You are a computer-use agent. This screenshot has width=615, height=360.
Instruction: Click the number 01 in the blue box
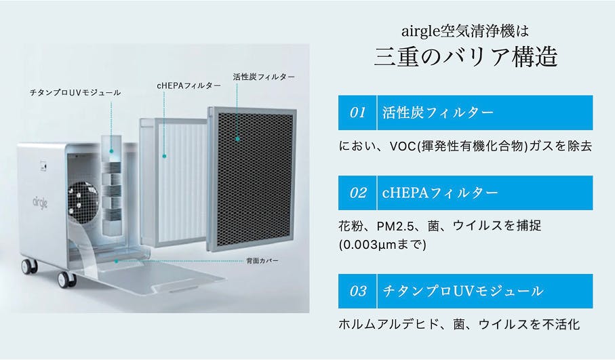357,113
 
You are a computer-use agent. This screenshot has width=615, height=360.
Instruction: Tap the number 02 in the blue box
357,193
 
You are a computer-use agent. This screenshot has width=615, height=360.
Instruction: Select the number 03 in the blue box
357,292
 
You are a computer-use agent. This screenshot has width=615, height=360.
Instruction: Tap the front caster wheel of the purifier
66,278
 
